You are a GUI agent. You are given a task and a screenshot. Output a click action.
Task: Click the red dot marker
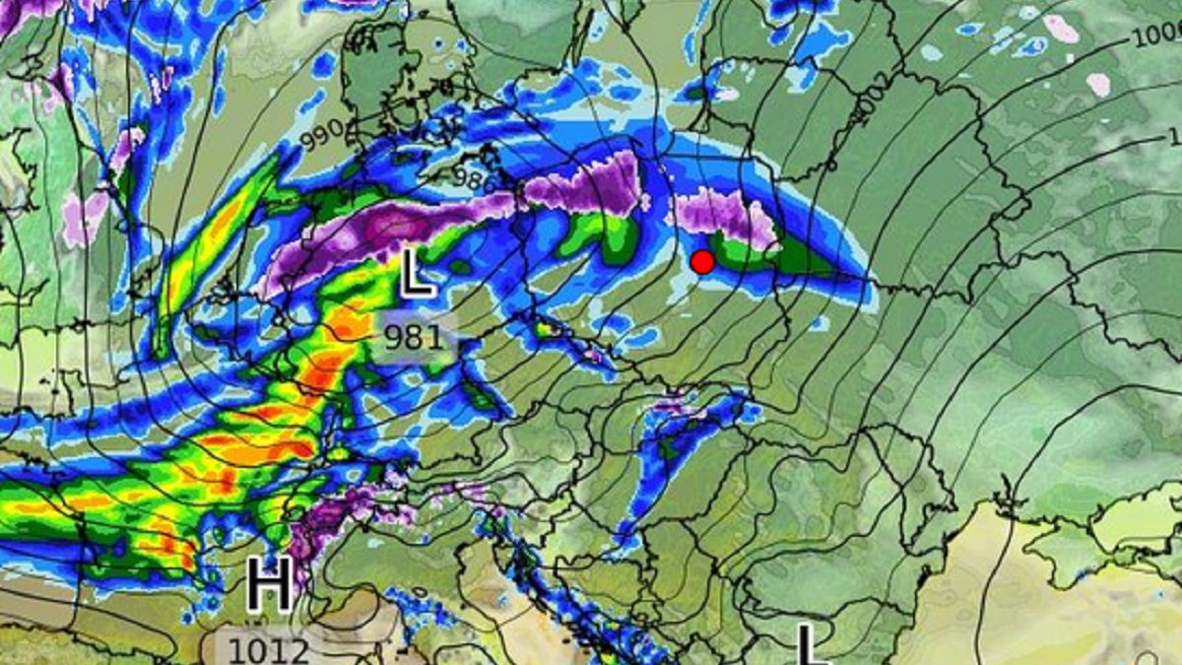pyautogui.click(x=702, y=262)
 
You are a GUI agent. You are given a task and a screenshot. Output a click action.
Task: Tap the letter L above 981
pyautogui.click(x=417, y=274)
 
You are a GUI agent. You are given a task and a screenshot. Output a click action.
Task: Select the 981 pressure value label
pyautogui.click(x=414, y=338)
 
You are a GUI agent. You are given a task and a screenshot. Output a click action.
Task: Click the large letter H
pyautogui.click(x=269, y=585)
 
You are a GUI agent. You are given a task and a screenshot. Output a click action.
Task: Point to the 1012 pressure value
pyautogui.click(x=269, y=650)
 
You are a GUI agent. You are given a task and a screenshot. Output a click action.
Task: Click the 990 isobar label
pyautogui.click(x=322, y=136)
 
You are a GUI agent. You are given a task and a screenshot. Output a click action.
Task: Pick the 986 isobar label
pyautogui.click(x=476, y=177)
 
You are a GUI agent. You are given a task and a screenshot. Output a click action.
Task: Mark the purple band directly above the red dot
pyautogui.click(x=719, y=212)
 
